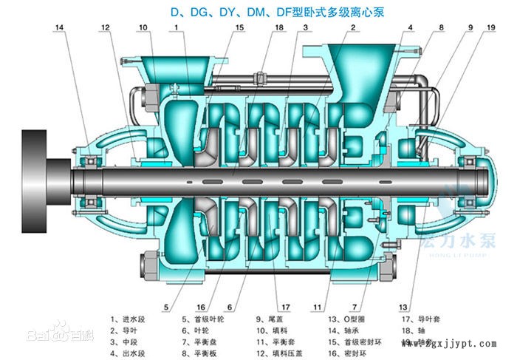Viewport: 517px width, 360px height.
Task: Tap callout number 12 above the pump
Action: (x=106, y=28)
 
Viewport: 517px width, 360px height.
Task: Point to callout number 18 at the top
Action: (x=279, y=28)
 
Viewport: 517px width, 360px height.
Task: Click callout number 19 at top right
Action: (x=491, y=28)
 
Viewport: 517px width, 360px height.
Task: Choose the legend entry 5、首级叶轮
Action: (x=205, y=320)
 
